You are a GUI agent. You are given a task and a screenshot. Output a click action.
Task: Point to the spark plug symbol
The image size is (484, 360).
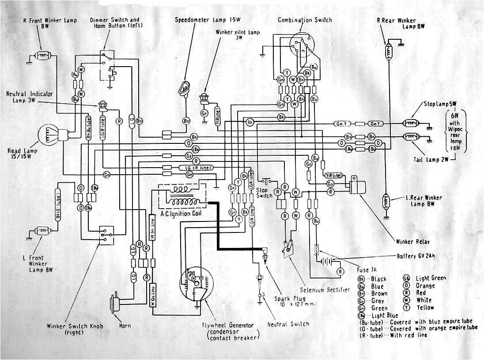pyautogui.click(x=265, y=255)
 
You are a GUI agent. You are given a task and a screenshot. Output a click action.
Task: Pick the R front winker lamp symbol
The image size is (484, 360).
pyautogui.click(x=43, y=56)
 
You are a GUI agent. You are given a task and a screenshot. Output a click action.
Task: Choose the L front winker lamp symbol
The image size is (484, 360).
pyautogui.click(x=43, y=230)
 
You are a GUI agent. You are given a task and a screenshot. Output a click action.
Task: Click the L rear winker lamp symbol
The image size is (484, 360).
pyautogui.click(x=387, y=202)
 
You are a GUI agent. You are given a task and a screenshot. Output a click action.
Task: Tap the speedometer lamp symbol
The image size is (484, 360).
pyautogui.click(x=184, y=88)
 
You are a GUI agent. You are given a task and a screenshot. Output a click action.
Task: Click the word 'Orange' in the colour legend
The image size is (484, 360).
pyautogui.click(x=425, y=286)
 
